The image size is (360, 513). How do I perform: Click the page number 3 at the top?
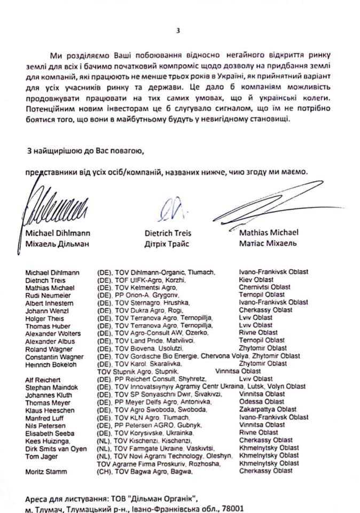coord(178,30)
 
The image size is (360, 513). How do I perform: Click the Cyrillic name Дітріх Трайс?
coord(168,244)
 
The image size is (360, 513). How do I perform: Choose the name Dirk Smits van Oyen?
coord(56,448)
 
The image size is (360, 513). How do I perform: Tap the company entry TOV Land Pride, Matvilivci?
coord(154,340)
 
